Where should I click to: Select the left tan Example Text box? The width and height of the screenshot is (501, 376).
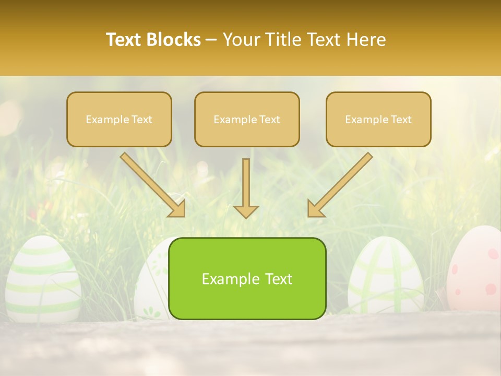tap(119, 119)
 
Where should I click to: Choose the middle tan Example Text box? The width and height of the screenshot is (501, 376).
tap(247, 119)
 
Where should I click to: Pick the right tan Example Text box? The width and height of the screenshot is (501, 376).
tap(378, 119)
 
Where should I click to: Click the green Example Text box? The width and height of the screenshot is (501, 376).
tap(247, 278)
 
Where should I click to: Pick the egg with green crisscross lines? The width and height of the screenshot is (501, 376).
tap(385, 274)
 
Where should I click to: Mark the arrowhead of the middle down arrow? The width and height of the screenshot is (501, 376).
tap(246, 211)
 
